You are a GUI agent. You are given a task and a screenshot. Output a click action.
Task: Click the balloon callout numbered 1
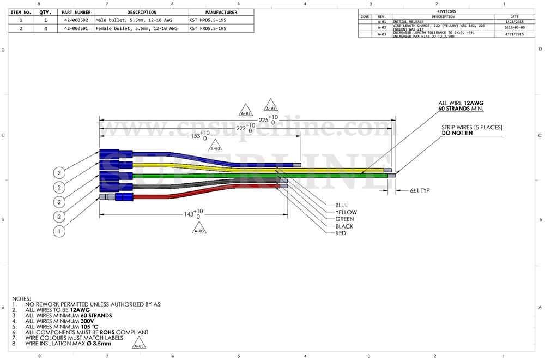[x=59, y=231]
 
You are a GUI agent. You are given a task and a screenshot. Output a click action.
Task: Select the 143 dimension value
[x=189, y=214]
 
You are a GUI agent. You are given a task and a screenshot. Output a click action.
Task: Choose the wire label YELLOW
[x=346, y=212]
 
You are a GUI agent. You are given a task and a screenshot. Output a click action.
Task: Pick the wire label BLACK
[x=344, y=226]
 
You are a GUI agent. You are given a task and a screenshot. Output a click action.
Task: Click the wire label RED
[x=341, y=233]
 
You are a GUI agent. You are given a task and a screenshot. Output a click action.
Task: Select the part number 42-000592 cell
[x=76, y=20]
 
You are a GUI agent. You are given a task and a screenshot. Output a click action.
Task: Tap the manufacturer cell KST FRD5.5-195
[x=208, y=28]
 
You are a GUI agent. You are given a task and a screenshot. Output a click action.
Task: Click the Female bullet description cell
[x=136, y=28]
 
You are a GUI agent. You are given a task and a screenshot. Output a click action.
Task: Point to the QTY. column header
[x=45, y=12]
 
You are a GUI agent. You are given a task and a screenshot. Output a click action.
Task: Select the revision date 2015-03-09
[x=514, y=27]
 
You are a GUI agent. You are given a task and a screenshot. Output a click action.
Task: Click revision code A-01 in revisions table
[x=382, y=22]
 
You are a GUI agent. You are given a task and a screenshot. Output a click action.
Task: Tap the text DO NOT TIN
[x=458, y=133]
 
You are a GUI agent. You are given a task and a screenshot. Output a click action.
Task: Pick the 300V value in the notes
[x=89, y=321]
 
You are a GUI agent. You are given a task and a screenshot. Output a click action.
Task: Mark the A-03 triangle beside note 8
[x=140, y=346]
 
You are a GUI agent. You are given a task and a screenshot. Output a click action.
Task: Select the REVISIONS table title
[x=446, y=11]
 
